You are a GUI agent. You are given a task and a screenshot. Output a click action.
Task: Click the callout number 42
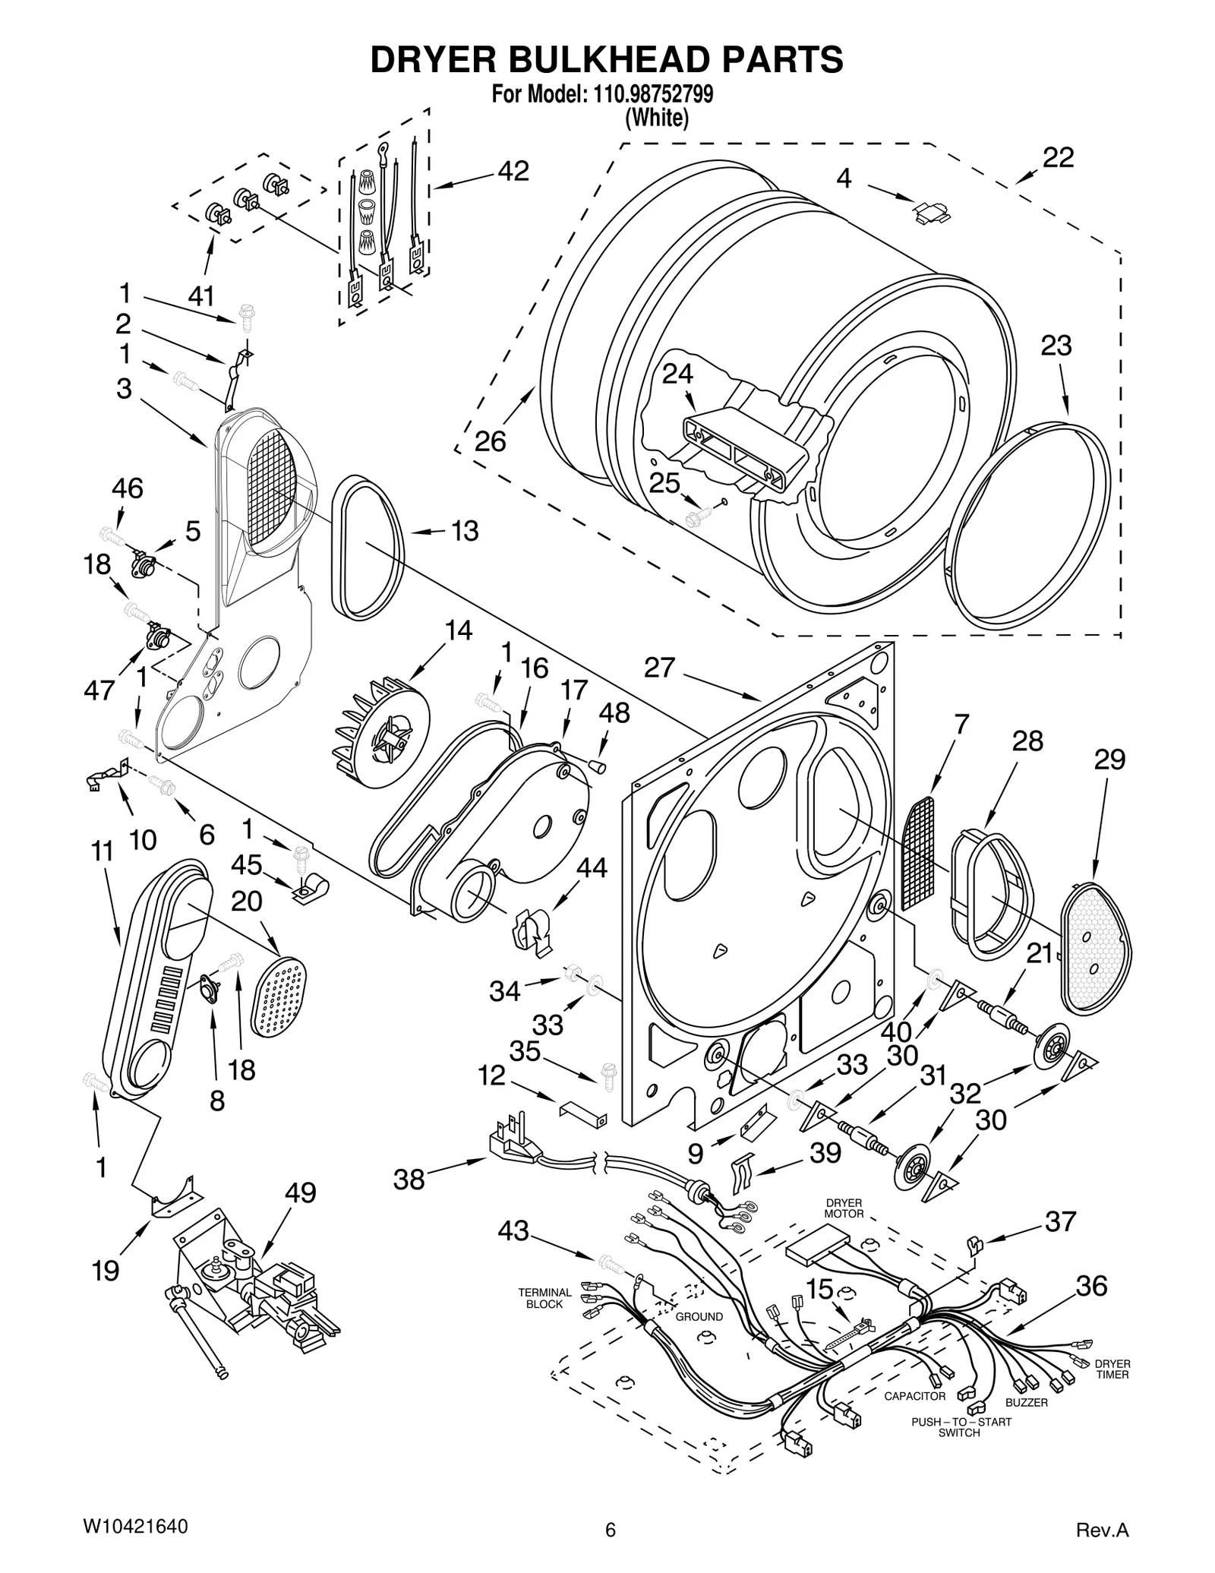(513, 172)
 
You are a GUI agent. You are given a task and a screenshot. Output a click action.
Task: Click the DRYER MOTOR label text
(844, 1208)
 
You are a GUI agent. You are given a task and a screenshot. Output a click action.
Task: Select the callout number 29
(1109, 759)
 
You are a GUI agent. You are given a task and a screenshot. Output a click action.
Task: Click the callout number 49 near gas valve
(300, 1192)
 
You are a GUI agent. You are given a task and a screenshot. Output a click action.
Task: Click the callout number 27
(659, 668)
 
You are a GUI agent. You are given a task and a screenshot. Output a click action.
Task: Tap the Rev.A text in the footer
(1103, 1530)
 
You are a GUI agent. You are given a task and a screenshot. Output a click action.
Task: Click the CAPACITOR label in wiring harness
(915, 1396)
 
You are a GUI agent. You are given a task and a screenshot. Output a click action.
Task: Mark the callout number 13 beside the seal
(465, 531)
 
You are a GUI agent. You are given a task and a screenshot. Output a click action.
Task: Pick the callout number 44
(592, 867)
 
